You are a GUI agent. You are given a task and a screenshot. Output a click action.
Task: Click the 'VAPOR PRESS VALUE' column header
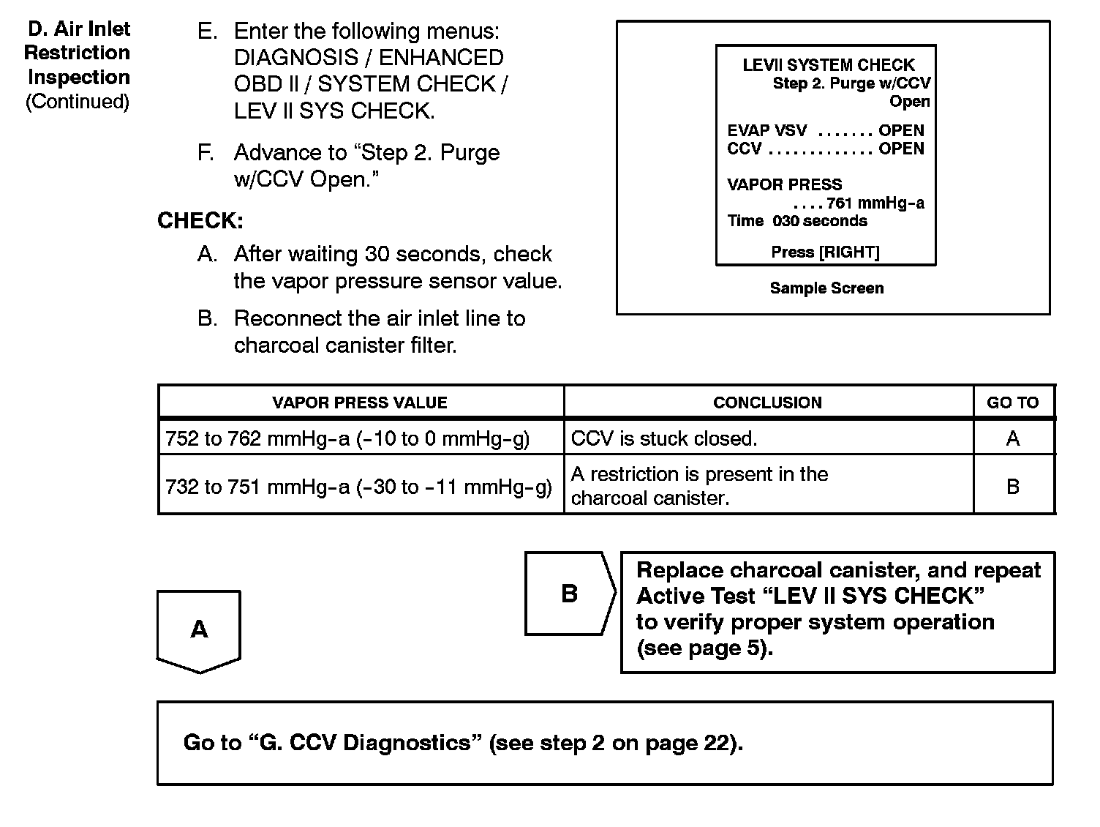359,403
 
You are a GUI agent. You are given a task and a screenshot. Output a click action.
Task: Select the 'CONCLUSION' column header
767,403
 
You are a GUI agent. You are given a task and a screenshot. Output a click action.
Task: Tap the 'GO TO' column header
1012,403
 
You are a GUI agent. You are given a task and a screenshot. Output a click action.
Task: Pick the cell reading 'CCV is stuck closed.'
663,438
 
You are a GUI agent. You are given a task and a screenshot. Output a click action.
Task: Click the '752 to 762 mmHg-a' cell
347,438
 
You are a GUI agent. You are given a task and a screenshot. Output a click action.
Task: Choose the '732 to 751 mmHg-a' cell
358,487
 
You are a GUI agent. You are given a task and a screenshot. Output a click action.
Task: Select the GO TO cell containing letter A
1012,438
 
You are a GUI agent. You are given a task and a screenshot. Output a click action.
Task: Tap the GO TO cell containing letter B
1012,487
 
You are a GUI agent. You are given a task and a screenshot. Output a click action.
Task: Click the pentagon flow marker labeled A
199,629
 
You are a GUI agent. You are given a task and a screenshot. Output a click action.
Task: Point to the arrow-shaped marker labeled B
569,594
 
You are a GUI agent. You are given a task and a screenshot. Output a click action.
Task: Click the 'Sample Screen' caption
826,288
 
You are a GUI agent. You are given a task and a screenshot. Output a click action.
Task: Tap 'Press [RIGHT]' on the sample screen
825,252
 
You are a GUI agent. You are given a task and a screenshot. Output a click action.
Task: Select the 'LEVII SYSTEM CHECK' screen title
829,65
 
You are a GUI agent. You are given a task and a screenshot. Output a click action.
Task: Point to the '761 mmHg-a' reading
875,203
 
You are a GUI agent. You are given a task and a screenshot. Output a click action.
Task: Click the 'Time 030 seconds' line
797,221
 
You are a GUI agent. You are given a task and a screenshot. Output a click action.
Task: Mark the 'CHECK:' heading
200,220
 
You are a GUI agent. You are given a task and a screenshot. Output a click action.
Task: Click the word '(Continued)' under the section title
78,102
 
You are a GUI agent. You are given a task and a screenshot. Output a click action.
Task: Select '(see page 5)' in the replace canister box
704,648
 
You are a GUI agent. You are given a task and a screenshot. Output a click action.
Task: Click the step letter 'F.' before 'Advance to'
206,153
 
